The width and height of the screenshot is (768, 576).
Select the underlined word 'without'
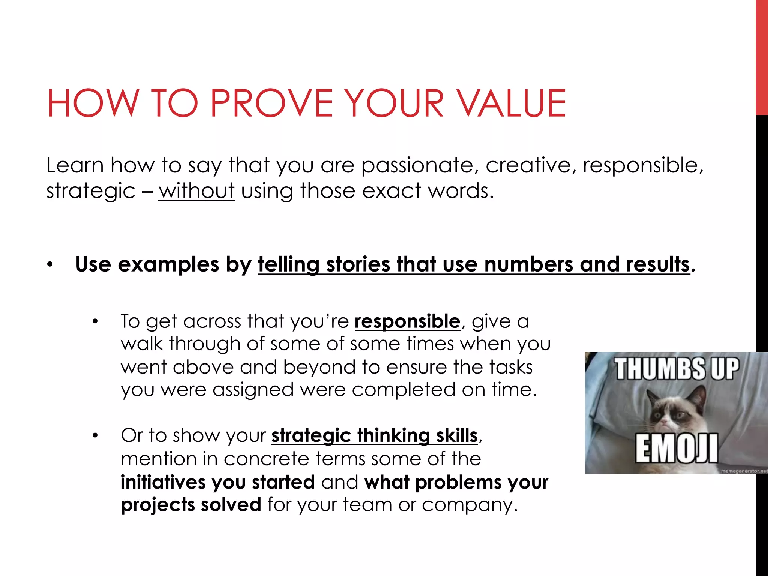196,190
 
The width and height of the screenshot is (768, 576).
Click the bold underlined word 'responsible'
407,321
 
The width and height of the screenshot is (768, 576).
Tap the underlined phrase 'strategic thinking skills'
374,435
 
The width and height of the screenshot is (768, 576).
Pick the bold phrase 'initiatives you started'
217,482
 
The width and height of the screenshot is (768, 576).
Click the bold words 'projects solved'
191,505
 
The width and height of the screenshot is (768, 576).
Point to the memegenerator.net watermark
744,471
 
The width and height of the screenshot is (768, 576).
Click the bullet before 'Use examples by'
50,265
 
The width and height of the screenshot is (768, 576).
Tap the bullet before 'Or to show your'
95,436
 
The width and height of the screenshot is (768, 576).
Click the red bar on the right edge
762,56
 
